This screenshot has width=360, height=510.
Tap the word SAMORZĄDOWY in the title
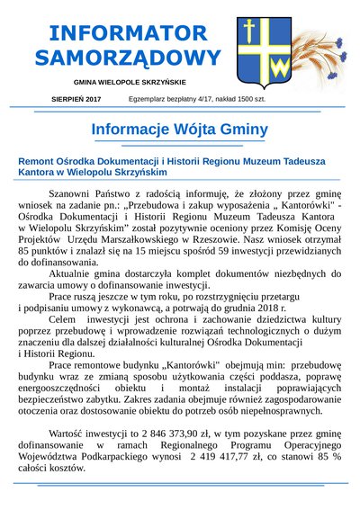pyautogui.click(x=127, y=58)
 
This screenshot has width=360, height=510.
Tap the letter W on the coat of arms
pyautogui.click(x=281, y=66)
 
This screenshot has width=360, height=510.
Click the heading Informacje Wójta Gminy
pyautogui.click(x=181, y=129)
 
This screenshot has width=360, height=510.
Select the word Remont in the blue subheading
pyautogui.click(x=40, y=163)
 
